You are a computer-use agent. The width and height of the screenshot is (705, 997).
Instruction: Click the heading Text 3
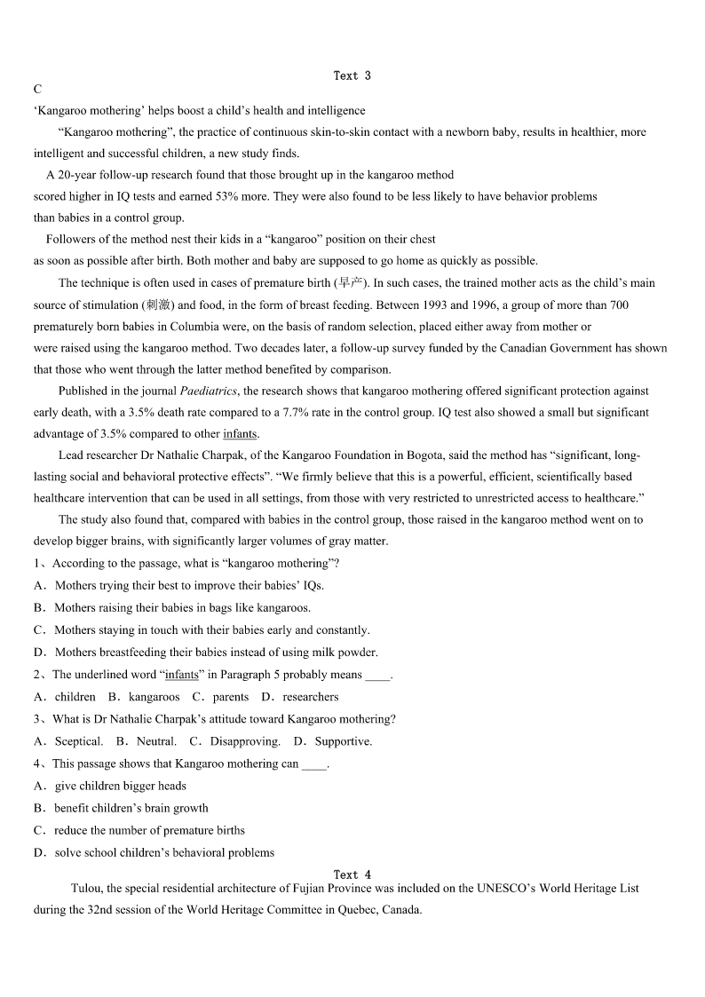352,75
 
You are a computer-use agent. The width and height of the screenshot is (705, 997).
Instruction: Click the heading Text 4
352,874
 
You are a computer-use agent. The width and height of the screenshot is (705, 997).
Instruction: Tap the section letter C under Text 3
37,90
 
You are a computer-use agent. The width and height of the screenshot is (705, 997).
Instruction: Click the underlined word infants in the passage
240,434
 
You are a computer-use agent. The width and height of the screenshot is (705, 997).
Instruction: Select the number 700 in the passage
619,305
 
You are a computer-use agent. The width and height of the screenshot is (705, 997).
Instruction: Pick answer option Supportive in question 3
343,741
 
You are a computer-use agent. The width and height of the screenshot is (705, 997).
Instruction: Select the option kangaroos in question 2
154,697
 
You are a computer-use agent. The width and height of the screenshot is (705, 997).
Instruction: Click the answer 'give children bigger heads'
120,786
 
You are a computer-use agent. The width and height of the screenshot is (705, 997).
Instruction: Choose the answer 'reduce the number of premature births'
149,830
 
